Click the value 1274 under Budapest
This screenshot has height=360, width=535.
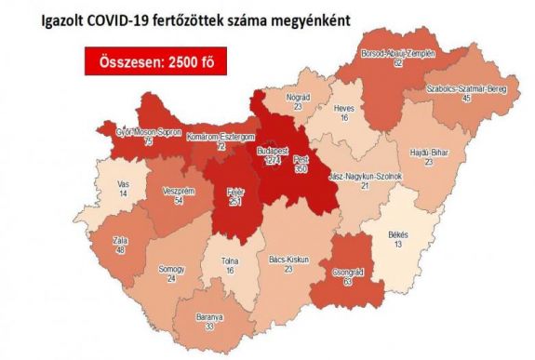(272, 160)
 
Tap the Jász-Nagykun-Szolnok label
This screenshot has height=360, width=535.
(368, 175)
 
